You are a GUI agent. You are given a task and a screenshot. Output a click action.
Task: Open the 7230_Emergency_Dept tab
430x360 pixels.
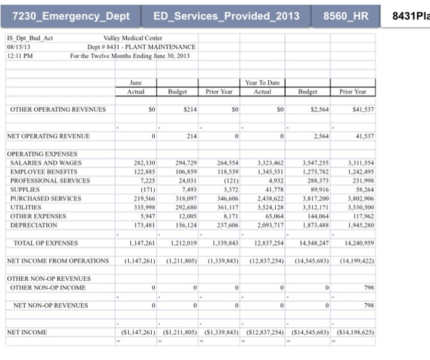point(71,15)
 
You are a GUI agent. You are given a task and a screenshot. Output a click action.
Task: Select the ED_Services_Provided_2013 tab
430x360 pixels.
point(226,15)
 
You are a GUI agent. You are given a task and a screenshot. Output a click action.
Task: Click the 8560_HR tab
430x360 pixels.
point(346,15)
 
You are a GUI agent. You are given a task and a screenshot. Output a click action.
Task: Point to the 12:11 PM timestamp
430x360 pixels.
point(20,56)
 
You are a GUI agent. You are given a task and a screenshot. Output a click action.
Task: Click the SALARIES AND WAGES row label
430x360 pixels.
point(46,163)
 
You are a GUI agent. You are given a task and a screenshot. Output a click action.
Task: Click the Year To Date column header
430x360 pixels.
point(262,82)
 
